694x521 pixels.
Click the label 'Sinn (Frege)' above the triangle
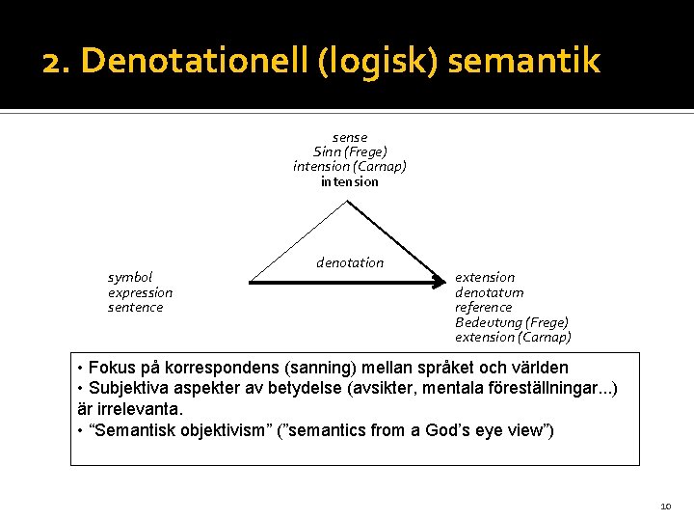tap(350, 151)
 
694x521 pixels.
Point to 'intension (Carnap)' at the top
tap(350, 166)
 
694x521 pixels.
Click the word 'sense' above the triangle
tap(350, 137)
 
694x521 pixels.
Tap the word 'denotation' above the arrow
tap(350, 262)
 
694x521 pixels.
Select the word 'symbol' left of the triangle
tap(130, 277)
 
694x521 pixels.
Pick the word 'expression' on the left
tap(141, 292)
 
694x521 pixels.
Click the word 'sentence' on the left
tap(136, 307)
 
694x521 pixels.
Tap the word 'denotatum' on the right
tap(490, 292)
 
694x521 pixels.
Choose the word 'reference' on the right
tap(484, 307)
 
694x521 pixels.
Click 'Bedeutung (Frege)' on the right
tap(512, 322)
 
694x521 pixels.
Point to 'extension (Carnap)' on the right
tap(513, 337)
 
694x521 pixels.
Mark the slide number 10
tap(665, 506)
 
